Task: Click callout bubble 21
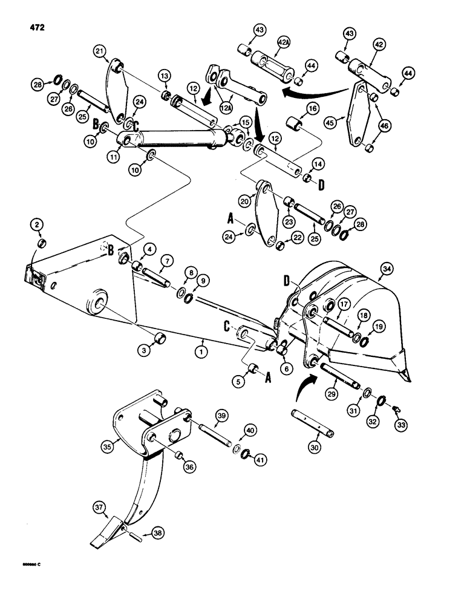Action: click(100, 51)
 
